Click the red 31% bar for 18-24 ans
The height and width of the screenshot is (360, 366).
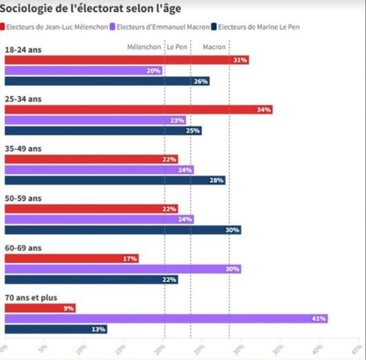(127, 60)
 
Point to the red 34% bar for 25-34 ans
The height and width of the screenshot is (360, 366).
(138, 109)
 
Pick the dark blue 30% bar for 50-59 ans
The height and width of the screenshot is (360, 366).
(123, 230)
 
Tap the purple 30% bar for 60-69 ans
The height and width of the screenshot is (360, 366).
(123, 269)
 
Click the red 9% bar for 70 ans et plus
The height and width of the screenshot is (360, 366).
(40, 308)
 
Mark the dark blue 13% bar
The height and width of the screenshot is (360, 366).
(56, 328)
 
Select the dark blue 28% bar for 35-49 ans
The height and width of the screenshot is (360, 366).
(115, 180)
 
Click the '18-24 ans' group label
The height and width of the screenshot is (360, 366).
(23, 50)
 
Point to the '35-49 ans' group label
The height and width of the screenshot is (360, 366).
(23, 149)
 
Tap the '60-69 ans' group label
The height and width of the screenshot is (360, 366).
(23, 248)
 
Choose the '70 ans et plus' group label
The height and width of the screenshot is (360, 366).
(31, 297)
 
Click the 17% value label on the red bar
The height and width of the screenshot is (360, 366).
(130, 258)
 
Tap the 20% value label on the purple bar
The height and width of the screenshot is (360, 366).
(154, 71)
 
